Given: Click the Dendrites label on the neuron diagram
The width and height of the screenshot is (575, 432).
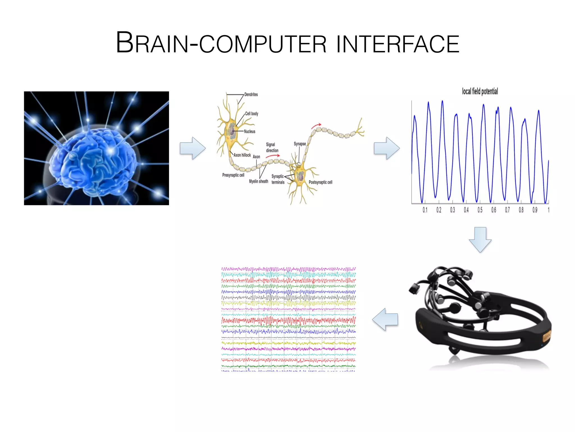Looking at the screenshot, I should (x=251, y=94).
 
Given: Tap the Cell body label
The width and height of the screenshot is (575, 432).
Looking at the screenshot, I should (x=252, y=114).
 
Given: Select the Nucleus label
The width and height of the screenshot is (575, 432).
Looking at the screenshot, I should (x=250, y=131).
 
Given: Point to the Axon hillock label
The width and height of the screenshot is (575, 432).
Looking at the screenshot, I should (x=242, y=155).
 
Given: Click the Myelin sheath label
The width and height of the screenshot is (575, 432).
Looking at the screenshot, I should (x=259, y=181).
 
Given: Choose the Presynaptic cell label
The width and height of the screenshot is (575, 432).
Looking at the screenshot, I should (x=233, y=175).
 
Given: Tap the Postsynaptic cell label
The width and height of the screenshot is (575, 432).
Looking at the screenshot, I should (x=320, y=182).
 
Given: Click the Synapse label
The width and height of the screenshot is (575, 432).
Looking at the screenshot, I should (x=300, y=144).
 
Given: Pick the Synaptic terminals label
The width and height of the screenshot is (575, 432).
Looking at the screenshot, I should (x=278, y=179).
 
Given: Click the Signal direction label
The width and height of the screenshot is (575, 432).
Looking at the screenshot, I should (x=272, y=147).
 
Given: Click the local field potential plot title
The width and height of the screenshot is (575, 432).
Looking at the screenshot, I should (x=480, y=91).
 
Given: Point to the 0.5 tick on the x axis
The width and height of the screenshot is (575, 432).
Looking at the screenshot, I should (x=480, y=210).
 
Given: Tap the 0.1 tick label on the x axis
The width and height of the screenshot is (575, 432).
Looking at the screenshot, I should (x=425, y=210).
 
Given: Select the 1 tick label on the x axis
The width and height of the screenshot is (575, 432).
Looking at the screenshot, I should (x=548, y=210).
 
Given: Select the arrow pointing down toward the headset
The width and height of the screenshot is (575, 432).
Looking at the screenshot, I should (x=480, y=239).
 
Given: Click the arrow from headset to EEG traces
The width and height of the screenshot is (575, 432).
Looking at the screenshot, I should (x=385, y=319).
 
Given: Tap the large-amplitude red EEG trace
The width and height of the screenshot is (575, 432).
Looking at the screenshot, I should (x=288, y=320).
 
